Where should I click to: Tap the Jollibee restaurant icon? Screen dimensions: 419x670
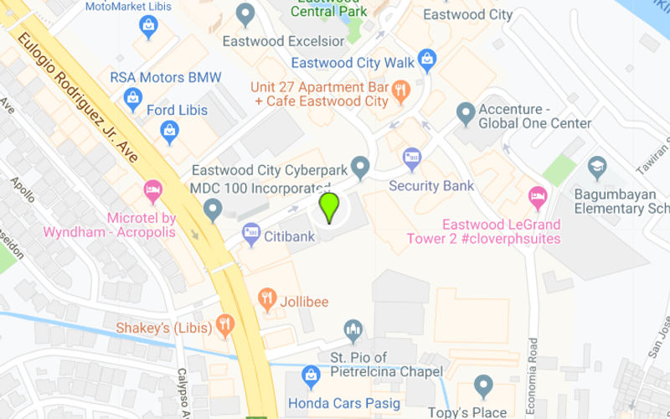point(268,299)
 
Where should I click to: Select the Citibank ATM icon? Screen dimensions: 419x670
point(251,235)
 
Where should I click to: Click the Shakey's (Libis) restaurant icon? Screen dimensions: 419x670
point(224,324)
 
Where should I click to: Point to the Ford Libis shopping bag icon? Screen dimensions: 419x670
point(170,131)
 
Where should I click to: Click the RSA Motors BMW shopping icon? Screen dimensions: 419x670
point(133,99)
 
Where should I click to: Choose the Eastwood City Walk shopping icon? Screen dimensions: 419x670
point(427,60)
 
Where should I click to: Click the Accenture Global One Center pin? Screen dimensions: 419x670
point(466,113)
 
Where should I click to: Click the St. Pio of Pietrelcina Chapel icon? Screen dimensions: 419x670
point(353,331)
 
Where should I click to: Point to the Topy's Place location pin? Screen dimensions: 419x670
point(483,386)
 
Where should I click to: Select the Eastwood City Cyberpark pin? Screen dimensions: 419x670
point(360,167)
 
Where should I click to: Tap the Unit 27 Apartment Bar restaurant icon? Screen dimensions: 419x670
point(401,91)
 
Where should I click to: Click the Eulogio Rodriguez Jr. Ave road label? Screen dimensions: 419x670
point(77,98)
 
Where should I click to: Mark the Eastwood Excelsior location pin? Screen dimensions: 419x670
point(245,14)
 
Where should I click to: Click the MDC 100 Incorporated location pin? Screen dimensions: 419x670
point(213,208)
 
